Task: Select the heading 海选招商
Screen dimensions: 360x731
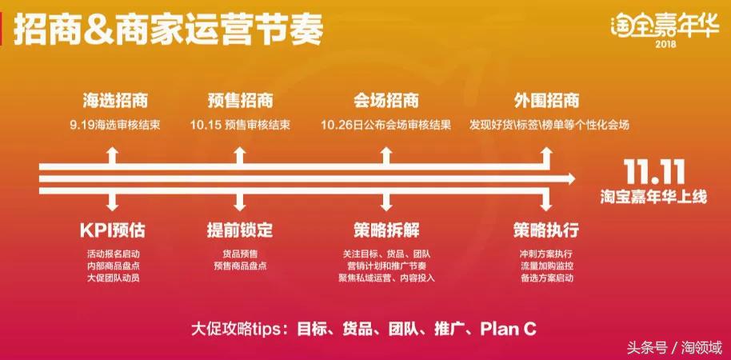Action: [x=115, y=102]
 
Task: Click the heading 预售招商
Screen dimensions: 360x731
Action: [x=240, y=102]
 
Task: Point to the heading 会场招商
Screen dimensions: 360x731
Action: [x=385, y=102]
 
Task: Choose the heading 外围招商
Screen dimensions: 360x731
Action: [x=546, y=102]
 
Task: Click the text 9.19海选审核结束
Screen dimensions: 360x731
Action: [x=115, y=126]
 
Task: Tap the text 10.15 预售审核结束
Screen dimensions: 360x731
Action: [x=240, y=126]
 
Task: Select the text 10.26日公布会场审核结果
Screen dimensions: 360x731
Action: [x=385, y=126]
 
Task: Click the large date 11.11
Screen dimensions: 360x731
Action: [x=653, y=171]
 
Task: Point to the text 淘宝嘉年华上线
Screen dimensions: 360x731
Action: [x=653, y=195]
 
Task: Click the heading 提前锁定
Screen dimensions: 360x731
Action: [x=240, y=231]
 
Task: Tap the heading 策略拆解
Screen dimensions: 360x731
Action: [x=385, y=231]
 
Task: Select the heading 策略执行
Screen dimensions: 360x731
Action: [x=546, y=231]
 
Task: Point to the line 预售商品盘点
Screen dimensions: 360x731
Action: [x=240, y=266]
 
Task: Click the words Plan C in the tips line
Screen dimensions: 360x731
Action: [x=508, y=329]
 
